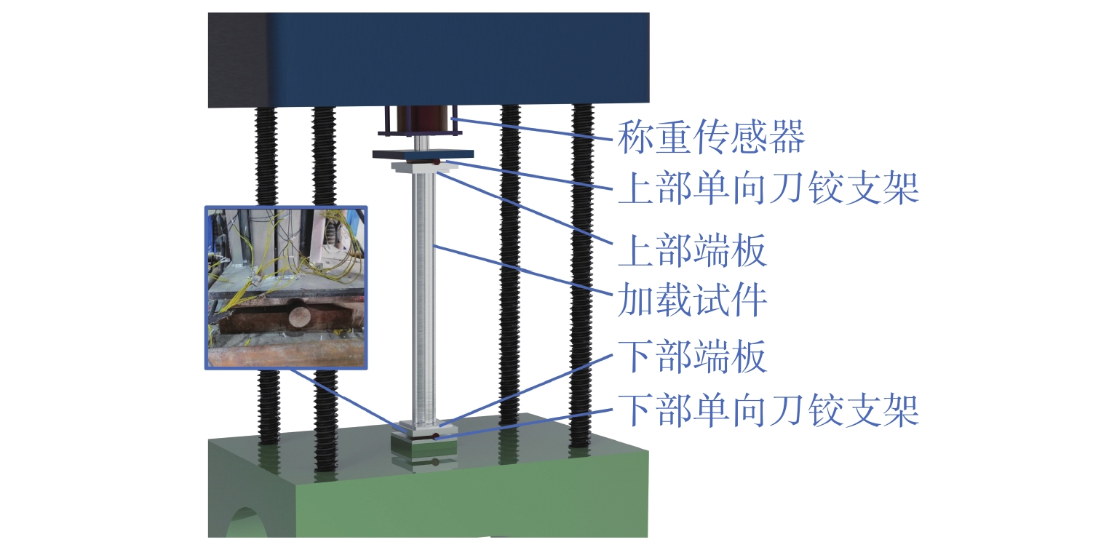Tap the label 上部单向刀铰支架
point(768,188)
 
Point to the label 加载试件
point(691,300)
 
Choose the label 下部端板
point(691,358)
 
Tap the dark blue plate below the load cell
point(423,154)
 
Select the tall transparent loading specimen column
point(424,291)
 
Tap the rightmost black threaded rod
point(581,276)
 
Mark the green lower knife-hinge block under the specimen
point(423,445)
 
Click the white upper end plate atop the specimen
point(423,167)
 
